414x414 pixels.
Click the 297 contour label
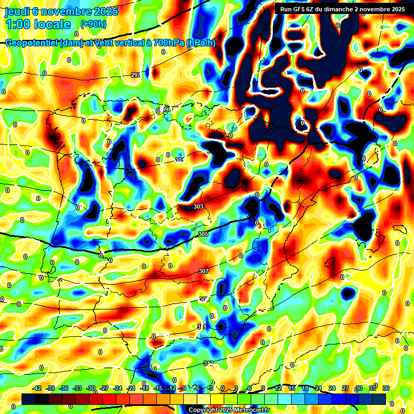pyautogui.click(x=136, y=75)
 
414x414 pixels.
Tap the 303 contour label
pyautogui.click(x=198, y=206)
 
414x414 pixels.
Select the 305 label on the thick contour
pyautogui.click(x=203, y=234)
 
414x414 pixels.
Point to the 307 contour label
pyautogui.click(x=203, y=271)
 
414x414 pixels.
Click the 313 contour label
pyautogui.click(x=209, y=363)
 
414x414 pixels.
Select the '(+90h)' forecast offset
pyautogui.click(x=93, y=24)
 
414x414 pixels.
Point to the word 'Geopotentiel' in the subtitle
pyautogui.click(x=32, y=44)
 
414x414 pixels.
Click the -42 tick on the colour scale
pyautogui.click(x=37, y=389)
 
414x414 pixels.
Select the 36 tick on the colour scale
pyautogui.click(x=385, y=389)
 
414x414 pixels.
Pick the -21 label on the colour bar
pyautogui.click(x=131, y=389)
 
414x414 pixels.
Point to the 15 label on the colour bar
pyautogui.click(x=292, y=389)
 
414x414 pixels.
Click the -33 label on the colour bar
pyautogui.click(x=78, y=389)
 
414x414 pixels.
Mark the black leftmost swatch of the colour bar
pyautogui.click(x=29, y=399)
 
